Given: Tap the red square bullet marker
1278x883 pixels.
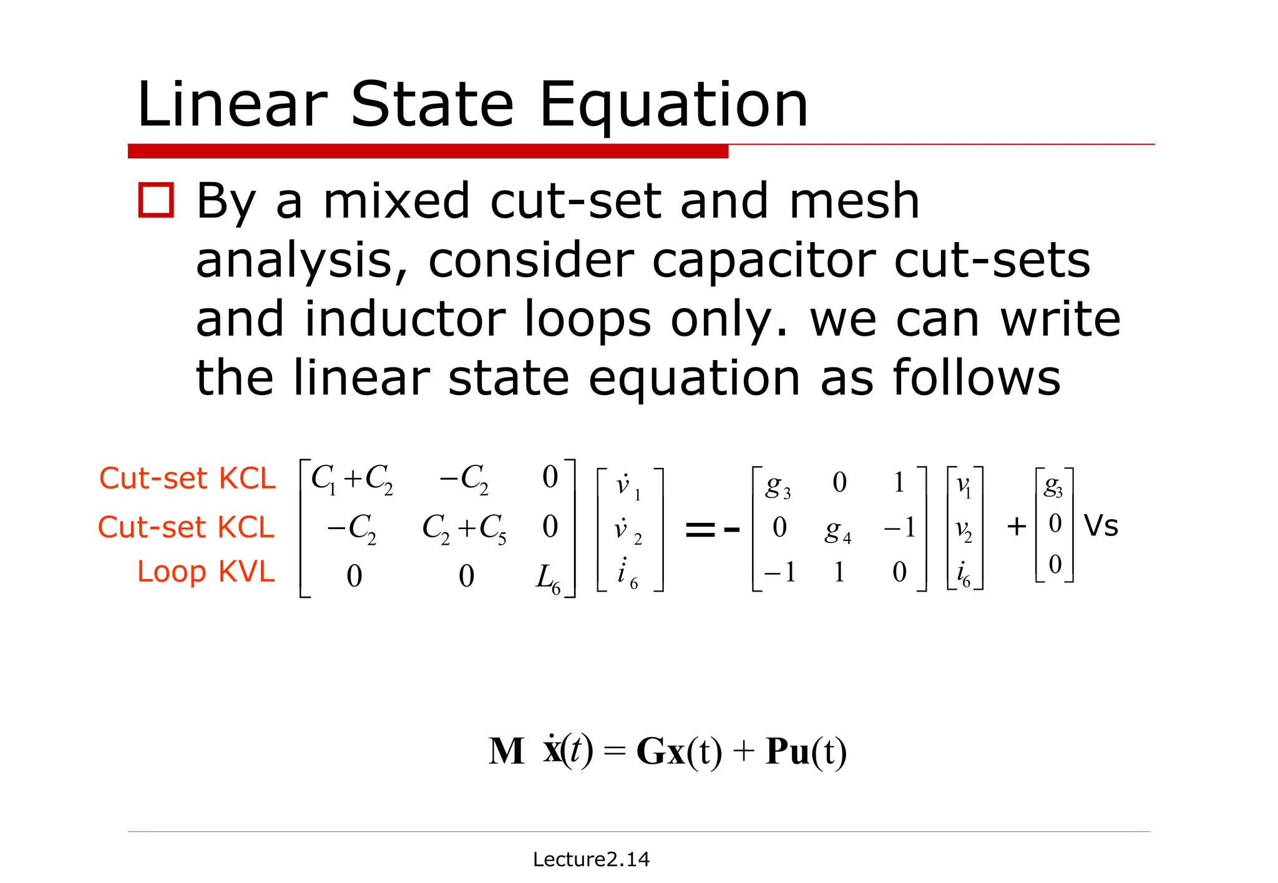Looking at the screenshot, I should tap(156, 200).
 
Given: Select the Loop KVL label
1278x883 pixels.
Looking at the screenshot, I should tap(206, 572).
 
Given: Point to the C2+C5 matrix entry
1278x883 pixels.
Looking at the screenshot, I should tap(464, 529).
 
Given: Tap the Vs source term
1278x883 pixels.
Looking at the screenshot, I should tap(1101, 525).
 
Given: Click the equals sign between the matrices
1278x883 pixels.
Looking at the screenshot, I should tap(699, 530).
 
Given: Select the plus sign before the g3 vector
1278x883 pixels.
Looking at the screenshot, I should tap(1017, 527).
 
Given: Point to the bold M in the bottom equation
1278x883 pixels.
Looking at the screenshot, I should tap(506, 751).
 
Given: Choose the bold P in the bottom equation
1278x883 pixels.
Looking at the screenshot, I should tap(778, 751).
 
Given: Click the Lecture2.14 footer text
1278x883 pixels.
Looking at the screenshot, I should tap(591, 859).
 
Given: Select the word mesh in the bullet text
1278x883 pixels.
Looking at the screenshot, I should tap(854, 201).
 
